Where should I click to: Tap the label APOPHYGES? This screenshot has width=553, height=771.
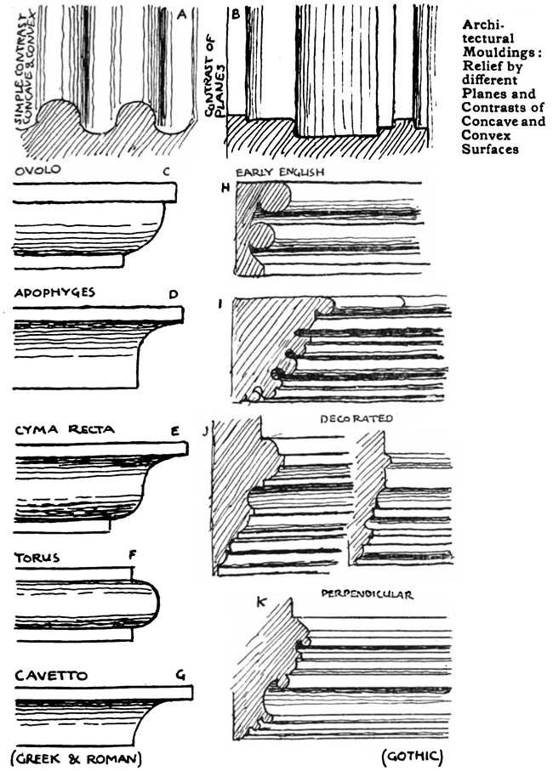coord(54,292)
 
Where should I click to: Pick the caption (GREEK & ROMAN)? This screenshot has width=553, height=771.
coord(75,757)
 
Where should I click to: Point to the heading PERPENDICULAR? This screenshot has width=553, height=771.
coord(368,595)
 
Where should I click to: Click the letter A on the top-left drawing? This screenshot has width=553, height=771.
coord(181,13)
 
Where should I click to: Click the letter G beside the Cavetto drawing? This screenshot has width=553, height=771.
coord(180,675)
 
